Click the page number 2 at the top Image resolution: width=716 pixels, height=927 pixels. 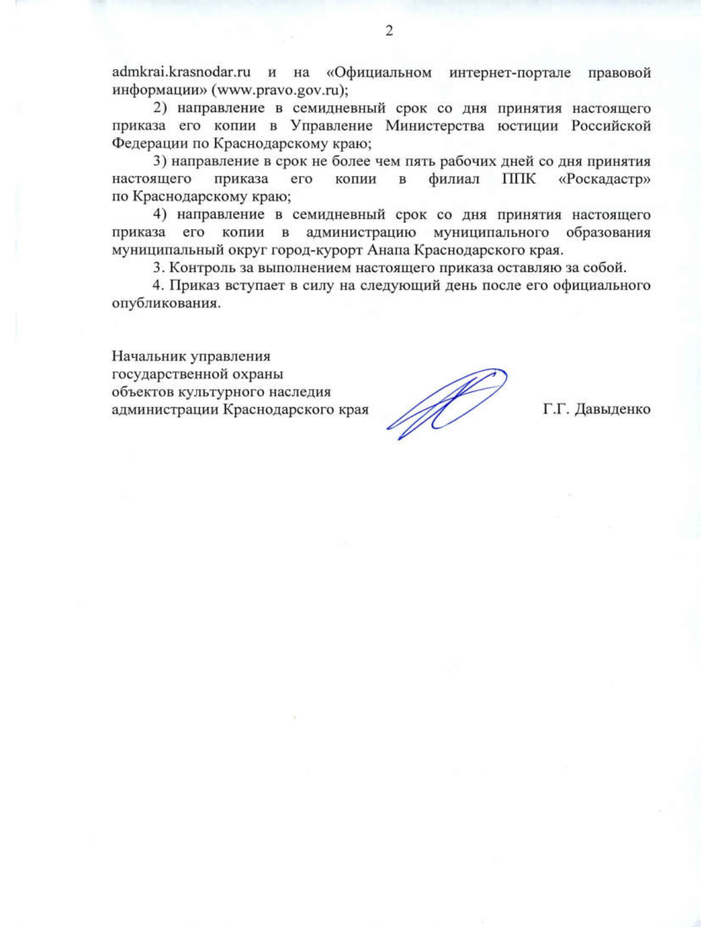[389, 31]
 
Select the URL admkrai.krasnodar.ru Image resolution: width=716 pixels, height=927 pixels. [181, 73]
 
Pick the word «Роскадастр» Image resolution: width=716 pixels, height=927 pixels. [604, 179]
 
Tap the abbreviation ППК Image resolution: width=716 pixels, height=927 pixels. [511, 179]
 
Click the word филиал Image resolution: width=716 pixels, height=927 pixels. [453, 179]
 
